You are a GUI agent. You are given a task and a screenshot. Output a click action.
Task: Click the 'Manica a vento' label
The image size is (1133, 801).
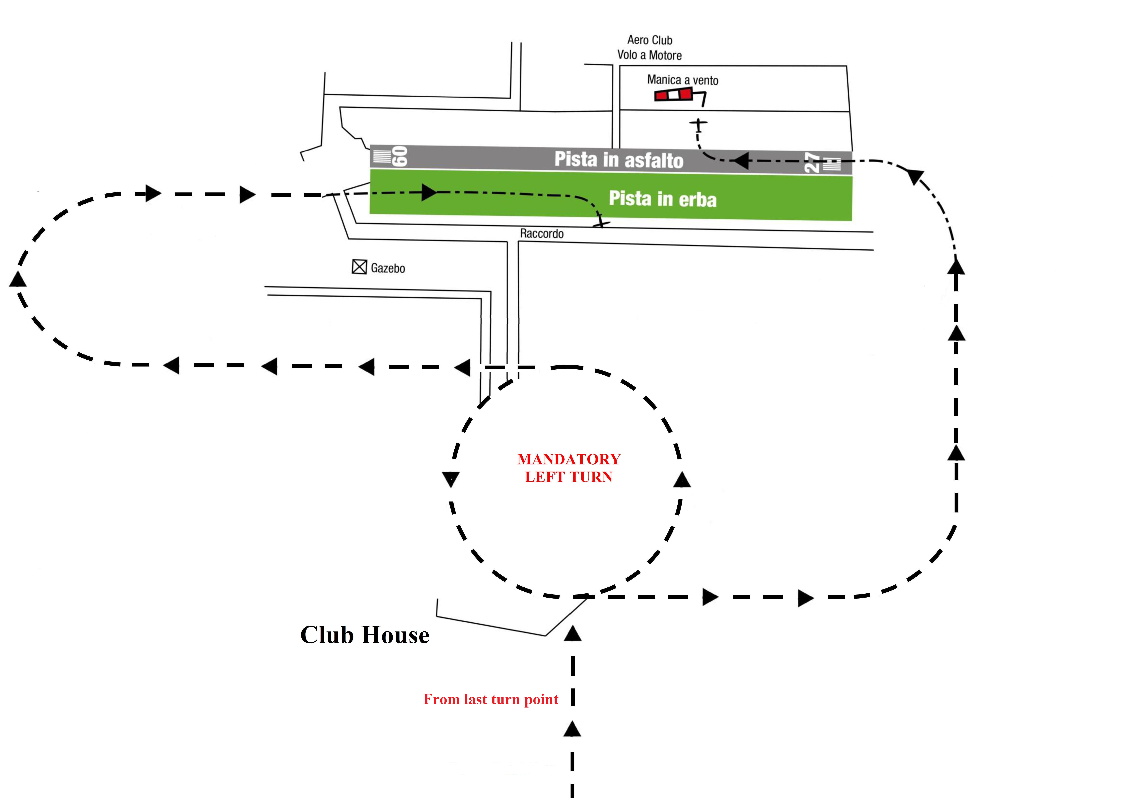tap(682, 80)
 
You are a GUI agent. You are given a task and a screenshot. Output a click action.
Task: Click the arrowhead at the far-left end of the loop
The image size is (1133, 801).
tap(18, 279)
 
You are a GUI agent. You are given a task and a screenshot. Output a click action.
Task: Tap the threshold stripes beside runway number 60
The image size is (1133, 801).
tap(381, 156)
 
